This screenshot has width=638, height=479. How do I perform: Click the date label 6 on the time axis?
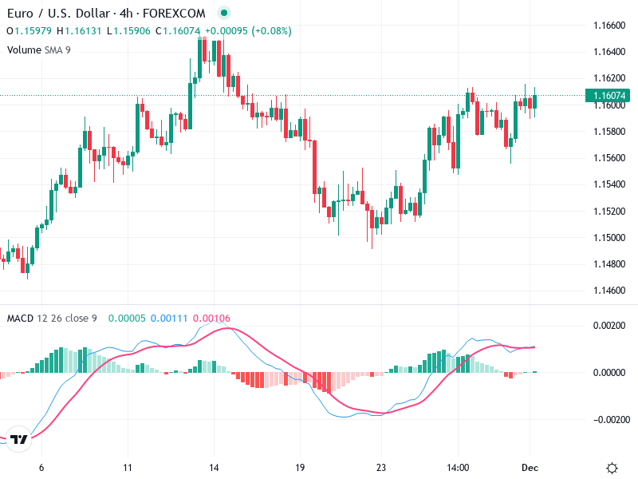(41, 468)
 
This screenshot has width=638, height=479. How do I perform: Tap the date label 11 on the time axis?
(128, 468)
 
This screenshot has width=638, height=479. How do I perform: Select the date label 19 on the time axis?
(300, 468)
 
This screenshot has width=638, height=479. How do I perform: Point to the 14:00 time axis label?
(458, 468)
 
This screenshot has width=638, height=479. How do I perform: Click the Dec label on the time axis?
(530, 468)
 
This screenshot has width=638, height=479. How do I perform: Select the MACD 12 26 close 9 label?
(52, 319)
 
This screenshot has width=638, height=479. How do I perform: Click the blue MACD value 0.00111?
(167, 319)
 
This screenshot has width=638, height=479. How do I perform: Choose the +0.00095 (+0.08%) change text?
(248, 31)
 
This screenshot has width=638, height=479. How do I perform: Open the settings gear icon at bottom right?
(612, 468)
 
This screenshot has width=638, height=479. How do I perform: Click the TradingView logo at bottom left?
(19, 439)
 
